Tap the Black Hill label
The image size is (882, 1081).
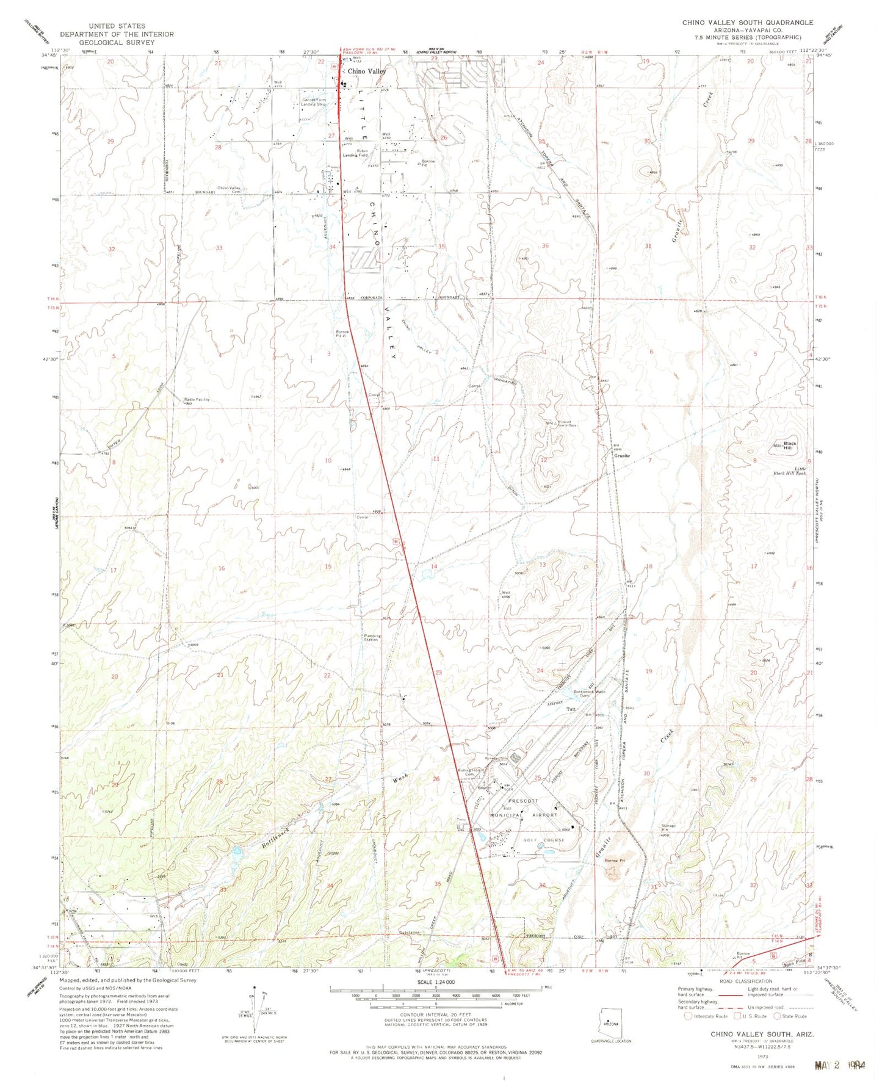pyautogui.click(x=790, y=446)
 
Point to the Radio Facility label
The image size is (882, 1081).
pyautogui.click(x=197, y=400)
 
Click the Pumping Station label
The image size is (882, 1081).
pyautogui.click(x=372, y=638)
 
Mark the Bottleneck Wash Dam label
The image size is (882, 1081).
pyautogui.click(x=590, y=693)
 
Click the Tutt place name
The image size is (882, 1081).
pyautogui.click(x=571, y=709)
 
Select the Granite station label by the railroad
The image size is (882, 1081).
pyautogui.click(x=621, y=456)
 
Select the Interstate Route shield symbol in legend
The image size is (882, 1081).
pyautogui.click(x=689, y=1016)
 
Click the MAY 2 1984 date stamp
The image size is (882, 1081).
pyautogui.click(x=841, y=1066)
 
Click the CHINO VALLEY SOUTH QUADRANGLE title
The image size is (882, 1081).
pyautogui.click(x=747, y=23)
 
